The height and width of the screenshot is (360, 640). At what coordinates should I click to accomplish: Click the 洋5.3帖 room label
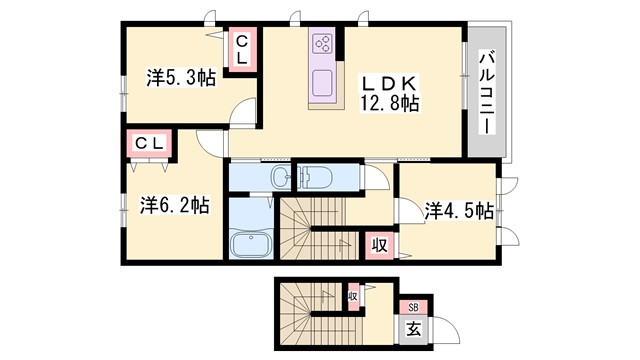click(x=180, y=75)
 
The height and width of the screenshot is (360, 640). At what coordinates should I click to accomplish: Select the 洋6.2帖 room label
click(x=174, y=205)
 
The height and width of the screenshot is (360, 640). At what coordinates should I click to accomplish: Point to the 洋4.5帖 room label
click(x=458, y=210)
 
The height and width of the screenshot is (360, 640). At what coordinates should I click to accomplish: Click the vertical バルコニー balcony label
click(x=487, y=94)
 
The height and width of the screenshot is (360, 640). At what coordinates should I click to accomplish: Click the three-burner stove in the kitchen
click(x=323, y=43)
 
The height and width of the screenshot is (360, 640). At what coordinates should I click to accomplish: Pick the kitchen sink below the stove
click(x=324, y=81)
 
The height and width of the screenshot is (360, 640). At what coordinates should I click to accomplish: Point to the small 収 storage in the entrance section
click(x=353, y=297)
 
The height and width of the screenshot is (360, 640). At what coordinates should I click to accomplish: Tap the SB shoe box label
click(x=413, y=308)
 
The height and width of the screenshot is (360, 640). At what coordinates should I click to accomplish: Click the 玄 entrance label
click(x=413, y=327)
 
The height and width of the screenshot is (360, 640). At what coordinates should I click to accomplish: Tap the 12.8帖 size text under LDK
click(x=390, y=102)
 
